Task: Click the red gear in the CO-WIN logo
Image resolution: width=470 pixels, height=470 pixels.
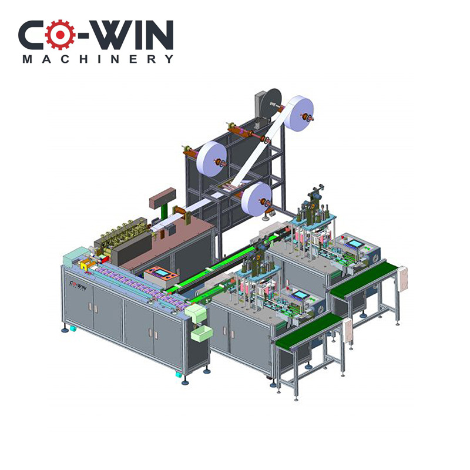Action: pos(60,35)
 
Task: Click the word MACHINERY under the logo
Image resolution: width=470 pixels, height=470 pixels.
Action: pos(98,59)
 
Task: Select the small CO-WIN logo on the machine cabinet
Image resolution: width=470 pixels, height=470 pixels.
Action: pos(78,286)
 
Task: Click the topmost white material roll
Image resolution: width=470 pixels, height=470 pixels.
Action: pos(298,112)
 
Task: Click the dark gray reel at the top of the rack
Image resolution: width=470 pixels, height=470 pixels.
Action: pos(271,103)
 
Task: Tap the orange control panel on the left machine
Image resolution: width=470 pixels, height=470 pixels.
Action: pos(161,274)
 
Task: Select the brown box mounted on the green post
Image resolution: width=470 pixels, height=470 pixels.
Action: pos(162,198)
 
